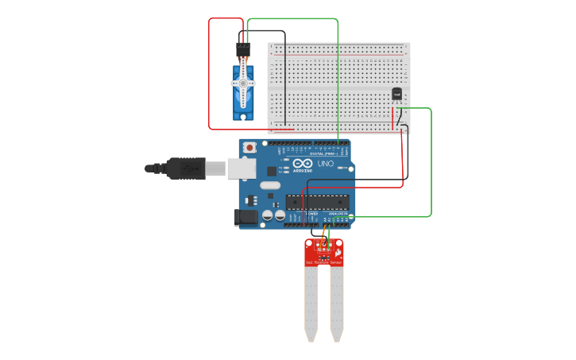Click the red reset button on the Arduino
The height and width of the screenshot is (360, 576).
pos(250,147)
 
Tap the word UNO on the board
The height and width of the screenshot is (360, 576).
pos(325,164)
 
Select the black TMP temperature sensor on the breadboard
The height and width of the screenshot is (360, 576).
pos(397,95)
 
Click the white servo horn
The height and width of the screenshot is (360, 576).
pos(243,82)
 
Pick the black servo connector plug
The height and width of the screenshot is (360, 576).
pos(242,50)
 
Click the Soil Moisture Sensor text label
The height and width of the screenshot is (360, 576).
pos(324,262)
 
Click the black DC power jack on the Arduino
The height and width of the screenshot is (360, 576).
pos(242,216)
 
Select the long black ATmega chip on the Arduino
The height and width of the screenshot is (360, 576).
pos(317,204)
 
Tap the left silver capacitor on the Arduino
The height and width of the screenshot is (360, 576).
pos(269,215)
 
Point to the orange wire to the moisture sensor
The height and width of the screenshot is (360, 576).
pos(328,233)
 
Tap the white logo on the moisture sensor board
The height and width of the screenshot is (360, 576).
pos(339,253)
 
